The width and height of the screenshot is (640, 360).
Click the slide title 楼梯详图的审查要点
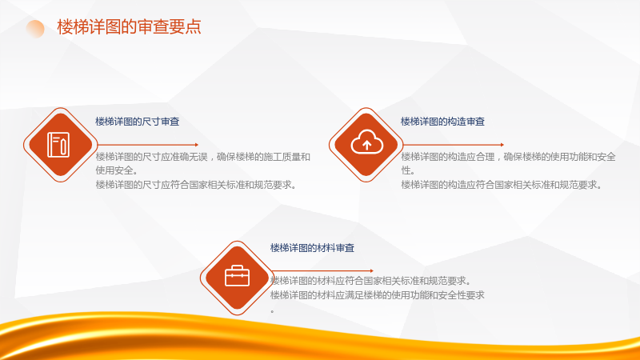[129, 27]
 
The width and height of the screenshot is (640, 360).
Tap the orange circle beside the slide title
[35, 29]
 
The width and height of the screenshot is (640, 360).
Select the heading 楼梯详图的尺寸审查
[137, 122]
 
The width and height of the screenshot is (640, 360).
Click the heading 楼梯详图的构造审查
[442, 122]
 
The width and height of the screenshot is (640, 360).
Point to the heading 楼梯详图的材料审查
[312, 248]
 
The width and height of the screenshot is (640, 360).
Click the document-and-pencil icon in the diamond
[58, 145]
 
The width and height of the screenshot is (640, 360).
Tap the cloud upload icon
[367, 142]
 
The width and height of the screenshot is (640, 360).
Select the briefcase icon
[237, 276]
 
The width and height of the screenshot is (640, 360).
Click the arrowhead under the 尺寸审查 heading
[197, 145]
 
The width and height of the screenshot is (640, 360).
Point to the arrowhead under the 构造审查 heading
[502, 145]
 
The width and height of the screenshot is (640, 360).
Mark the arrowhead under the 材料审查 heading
[371, 270]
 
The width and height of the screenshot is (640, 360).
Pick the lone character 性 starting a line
[406, 170]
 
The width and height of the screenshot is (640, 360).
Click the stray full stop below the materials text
[272, 312]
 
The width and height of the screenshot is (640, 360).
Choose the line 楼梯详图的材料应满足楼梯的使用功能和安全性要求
[377, 295]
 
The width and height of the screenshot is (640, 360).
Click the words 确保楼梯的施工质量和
[263, 157]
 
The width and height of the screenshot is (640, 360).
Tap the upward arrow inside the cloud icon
[367, 145]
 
